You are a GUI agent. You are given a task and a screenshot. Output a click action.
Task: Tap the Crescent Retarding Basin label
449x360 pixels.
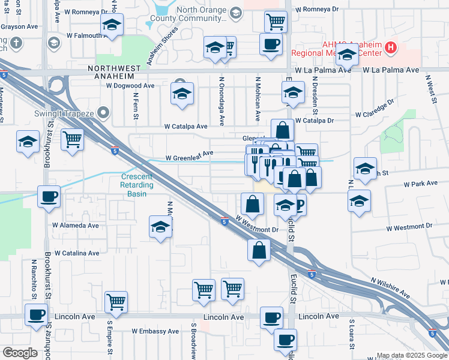137,181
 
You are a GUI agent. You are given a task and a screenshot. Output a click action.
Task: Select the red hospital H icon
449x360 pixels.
391,47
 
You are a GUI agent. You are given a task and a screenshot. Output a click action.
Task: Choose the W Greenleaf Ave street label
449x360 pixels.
190,154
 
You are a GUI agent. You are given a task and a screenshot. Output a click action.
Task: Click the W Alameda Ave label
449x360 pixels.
76,226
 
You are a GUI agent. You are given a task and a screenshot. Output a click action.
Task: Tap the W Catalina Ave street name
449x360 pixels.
77,253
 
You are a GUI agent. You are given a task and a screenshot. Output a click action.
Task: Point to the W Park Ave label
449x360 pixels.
421,183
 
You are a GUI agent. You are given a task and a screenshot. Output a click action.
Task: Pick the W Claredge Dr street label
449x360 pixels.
375,113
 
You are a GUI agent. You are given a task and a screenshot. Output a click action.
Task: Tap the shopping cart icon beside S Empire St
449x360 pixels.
116,302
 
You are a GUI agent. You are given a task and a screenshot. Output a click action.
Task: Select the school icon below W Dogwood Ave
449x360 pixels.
182,94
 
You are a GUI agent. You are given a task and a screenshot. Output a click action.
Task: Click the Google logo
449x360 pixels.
20,353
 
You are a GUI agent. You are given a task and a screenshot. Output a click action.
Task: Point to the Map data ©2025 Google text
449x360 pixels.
411,355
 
